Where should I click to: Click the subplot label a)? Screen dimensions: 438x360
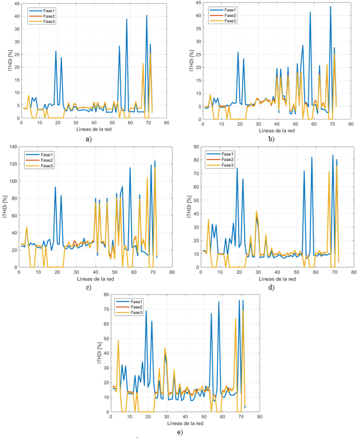pos(90,139)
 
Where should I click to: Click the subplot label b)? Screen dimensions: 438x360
pos(271,139)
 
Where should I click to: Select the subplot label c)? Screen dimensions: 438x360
pos(89,288)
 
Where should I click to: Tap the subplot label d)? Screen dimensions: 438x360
pos(271,288)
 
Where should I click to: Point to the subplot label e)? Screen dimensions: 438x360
pos(179,432)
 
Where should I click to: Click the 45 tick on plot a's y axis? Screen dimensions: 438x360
pos(17,4)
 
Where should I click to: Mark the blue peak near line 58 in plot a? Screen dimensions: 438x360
pos(126,19)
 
